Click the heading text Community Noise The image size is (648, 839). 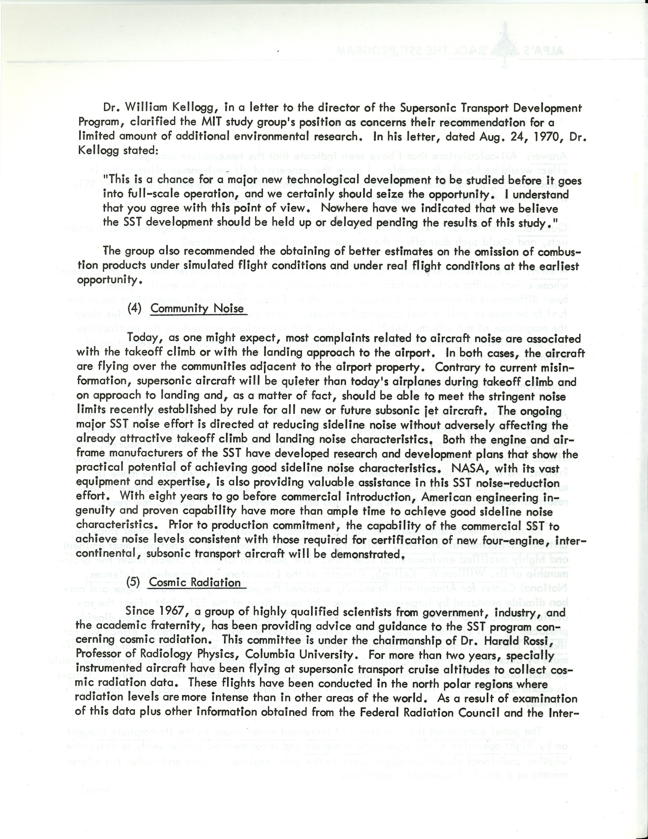[197, 309]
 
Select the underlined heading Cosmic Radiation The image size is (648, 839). [195, 582]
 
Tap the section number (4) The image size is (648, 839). [134, 308]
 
